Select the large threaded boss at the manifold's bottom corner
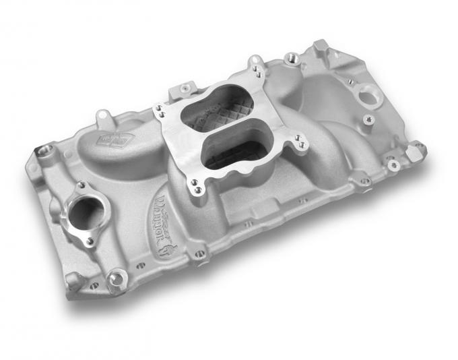[117, 276]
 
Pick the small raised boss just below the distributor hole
[367, 120]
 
